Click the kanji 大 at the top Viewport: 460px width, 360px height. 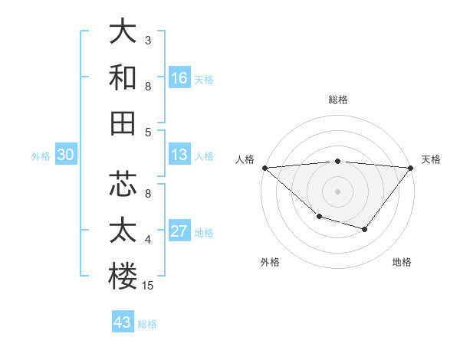point(123,31)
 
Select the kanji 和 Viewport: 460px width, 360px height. point(123,77)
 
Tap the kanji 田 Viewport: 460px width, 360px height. point(123,123)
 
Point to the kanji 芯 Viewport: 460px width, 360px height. point(123,185)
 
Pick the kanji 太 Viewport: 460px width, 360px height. point(123,231)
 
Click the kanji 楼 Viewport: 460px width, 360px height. point(123,277)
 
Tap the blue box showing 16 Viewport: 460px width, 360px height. point(179,78)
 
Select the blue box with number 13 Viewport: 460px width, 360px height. point(179,155)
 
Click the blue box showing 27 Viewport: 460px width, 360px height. point(179,232)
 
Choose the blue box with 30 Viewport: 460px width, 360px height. point(66,155)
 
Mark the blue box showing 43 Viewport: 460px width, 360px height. point(123,322)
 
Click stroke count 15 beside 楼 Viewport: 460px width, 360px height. point(149,286)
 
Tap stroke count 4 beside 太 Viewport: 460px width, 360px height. point(148,240)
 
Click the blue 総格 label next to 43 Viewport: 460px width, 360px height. point(147,324)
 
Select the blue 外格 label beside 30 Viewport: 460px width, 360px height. point(41,156)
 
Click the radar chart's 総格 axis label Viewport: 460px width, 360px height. point(337,100)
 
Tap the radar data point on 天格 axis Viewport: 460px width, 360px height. point(411,168)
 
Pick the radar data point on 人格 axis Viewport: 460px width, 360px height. point(264,168)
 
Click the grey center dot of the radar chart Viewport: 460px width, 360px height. point(337,191)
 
